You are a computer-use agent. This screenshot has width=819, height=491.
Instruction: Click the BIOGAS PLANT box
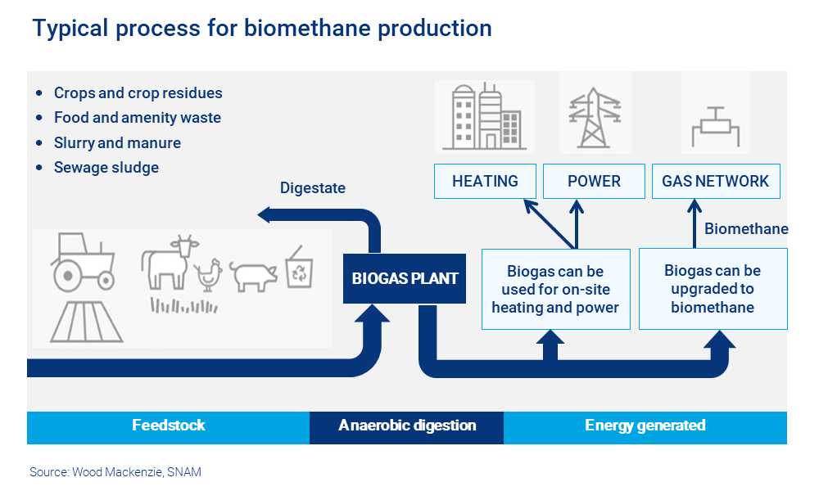coord(405,278)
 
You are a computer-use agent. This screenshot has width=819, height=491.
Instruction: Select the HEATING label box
coord(485,182)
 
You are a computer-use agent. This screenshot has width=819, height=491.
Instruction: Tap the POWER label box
coord(594,182)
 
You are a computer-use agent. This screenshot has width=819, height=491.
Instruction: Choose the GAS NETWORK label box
coord(715,182)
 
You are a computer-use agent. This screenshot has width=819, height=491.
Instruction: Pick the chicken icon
coord(209,275)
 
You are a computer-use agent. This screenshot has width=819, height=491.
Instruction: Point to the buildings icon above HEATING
coord(485,116)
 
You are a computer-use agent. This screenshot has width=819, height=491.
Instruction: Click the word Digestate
coord(313,188)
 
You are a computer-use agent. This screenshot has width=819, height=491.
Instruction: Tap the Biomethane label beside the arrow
coord(746,229)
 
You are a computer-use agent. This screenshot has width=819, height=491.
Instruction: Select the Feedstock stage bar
coord(168,426)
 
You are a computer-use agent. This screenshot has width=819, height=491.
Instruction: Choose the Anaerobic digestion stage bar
coord(406,426)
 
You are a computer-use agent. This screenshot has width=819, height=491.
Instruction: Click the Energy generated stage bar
coord(645,426)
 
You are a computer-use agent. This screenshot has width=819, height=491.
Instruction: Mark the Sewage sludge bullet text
coord(106,168)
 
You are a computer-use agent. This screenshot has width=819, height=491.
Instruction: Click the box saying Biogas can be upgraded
coord(713,289)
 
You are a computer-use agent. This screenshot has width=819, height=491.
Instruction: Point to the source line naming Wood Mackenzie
coord(115,472)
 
